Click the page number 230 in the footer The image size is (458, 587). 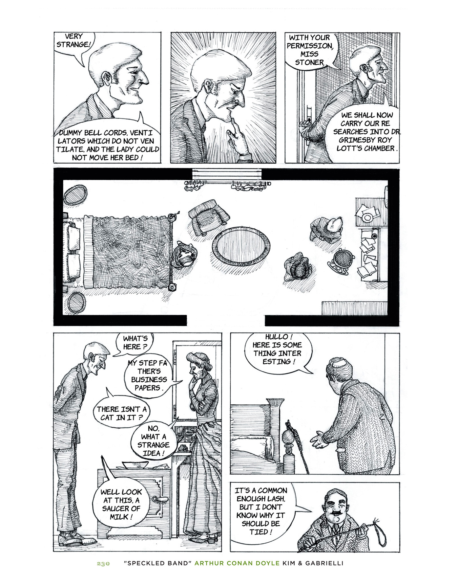(103, 564)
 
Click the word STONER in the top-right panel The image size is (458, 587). (309, 62)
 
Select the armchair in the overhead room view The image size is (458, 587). (209, 217)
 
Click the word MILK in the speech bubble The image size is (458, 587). (119, 517)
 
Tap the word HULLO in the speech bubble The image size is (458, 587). (276, 337)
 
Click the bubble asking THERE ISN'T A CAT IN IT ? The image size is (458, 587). (121, 413)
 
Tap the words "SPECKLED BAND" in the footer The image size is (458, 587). (158, 563)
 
